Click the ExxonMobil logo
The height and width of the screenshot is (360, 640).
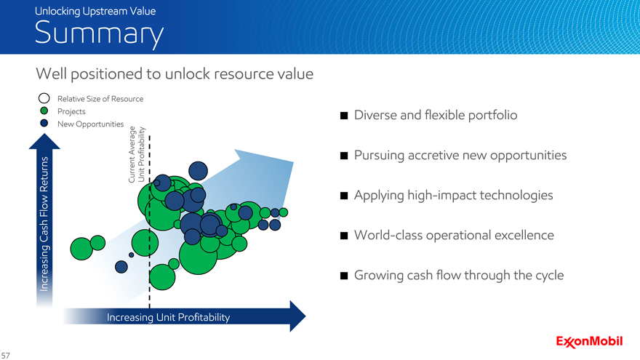click(589, 342)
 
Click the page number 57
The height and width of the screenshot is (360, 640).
click(5, 356)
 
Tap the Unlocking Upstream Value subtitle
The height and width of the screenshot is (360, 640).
click(95, 11)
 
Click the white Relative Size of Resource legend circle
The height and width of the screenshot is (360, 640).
click(44, 98)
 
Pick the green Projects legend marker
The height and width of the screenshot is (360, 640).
click(44, 111)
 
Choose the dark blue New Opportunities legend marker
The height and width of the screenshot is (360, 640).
click(44, 123)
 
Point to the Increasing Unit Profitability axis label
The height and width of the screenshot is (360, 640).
click(168, 317)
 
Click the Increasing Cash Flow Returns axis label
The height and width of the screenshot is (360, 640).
click(44, 224)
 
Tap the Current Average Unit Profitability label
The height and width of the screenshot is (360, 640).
click(136, 154)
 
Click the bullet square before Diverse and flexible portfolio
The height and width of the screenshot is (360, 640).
click(344, 116)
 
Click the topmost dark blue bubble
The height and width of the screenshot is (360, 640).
click(198, 171)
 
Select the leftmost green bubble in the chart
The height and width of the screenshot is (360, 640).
click(81, 249)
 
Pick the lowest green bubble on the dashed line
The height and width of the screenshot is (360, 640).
click(162, 277)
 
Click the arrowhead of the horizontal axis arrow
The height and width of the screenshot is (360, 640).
click(297, 316)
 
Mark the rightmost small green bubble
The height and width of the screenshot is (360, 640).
click(283, 212)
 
